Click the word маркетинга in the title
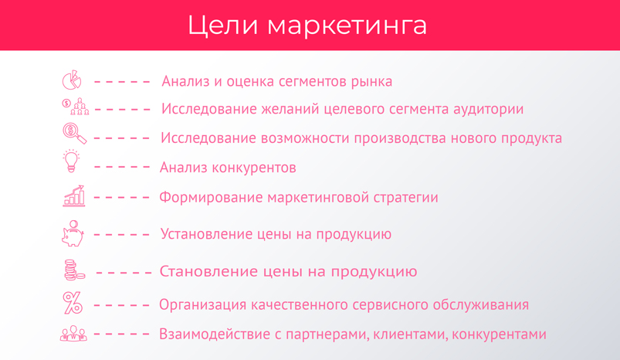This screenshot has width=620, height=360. (x=347, y=25)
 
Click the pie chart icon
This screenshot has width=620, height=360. (x=72, y=80)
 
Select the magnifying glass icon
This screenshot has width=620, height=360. (x=74, y=134)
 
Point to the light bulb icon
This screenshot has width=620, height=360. (x=71, y=161)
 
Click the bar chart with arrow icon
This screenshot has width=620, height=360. (x=74, y=195)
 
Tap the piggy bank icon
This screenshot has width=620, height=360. (x=73, y=233)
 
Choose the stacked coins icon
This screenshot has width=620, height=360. (x=74, y=270)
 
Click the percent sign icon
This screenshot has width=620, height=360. (x=73, y=303)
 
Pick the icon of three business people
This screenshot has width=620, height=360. (x=73, y=334)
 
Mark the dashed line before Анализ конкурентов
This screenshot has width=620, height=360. (x=122, y=167)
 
